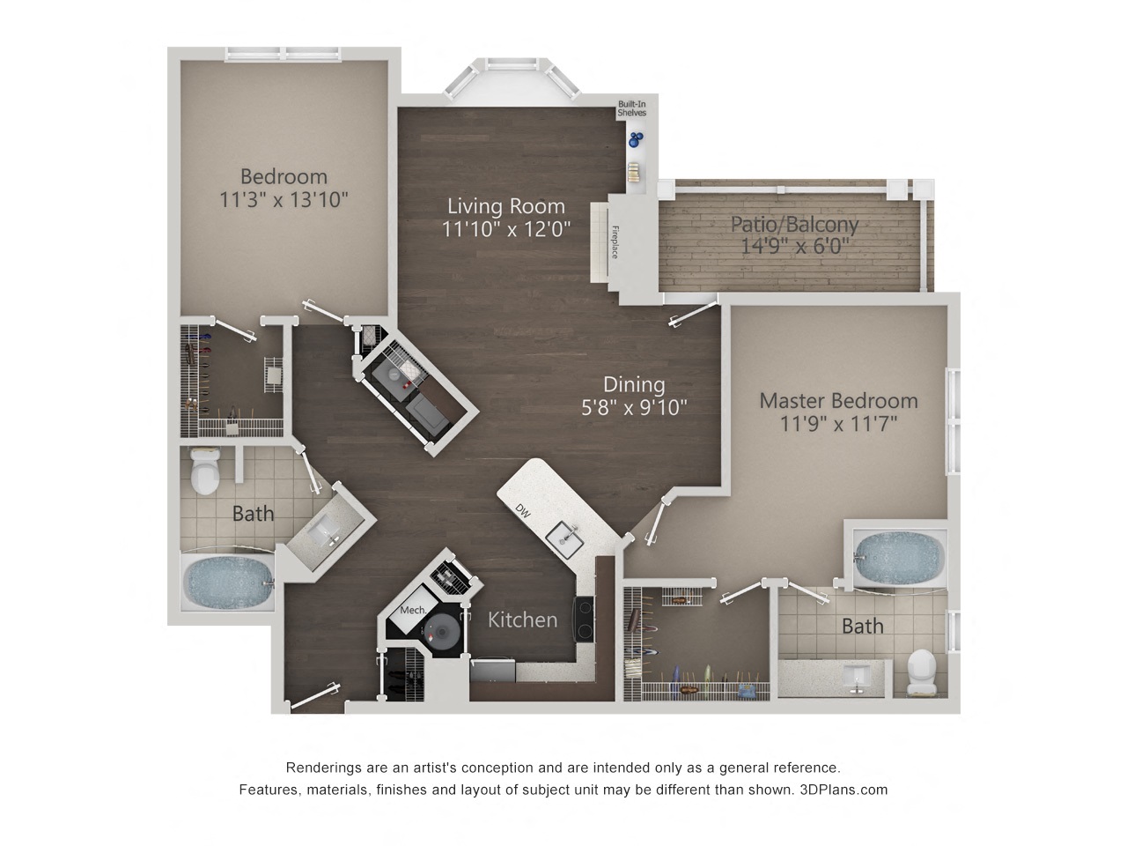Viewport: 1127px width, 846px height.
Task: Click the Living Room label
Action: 505,206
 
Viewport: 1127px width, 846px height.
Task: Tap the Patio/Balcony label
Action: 794,225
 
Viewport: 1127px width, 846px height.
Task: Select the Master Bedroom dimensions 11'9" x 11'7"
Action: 838,424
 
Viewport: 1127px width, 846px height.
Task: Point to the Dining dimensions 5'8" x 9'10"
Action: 634,407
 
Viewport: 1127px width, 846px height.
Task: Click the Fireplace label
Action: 615,242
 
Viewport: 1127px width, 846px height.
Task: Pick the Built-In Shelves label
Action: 631,108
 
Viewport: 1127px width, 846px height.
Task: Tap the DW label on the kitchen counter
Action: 523,510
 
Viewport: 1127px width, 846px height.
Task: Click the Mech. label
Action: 413,610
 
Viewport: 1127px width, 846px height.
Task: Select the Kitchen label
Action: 522,620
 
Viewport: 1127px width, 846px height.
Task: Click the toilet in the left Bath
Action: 205,470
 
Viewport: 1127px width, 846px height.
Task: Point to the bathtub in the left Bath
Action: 229,583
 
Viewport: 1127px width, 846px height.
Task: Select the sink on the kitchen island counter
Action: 564,539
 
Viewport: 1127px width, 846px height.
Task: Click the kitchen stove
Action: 584,619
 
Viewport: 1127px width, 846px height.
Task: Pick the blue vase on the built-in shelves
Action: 636,140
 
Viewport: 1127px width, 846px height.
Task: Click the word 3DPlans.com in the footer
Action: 843,790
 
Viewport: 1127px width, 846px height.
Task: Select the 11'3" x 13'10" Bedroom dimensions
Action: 284,200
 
